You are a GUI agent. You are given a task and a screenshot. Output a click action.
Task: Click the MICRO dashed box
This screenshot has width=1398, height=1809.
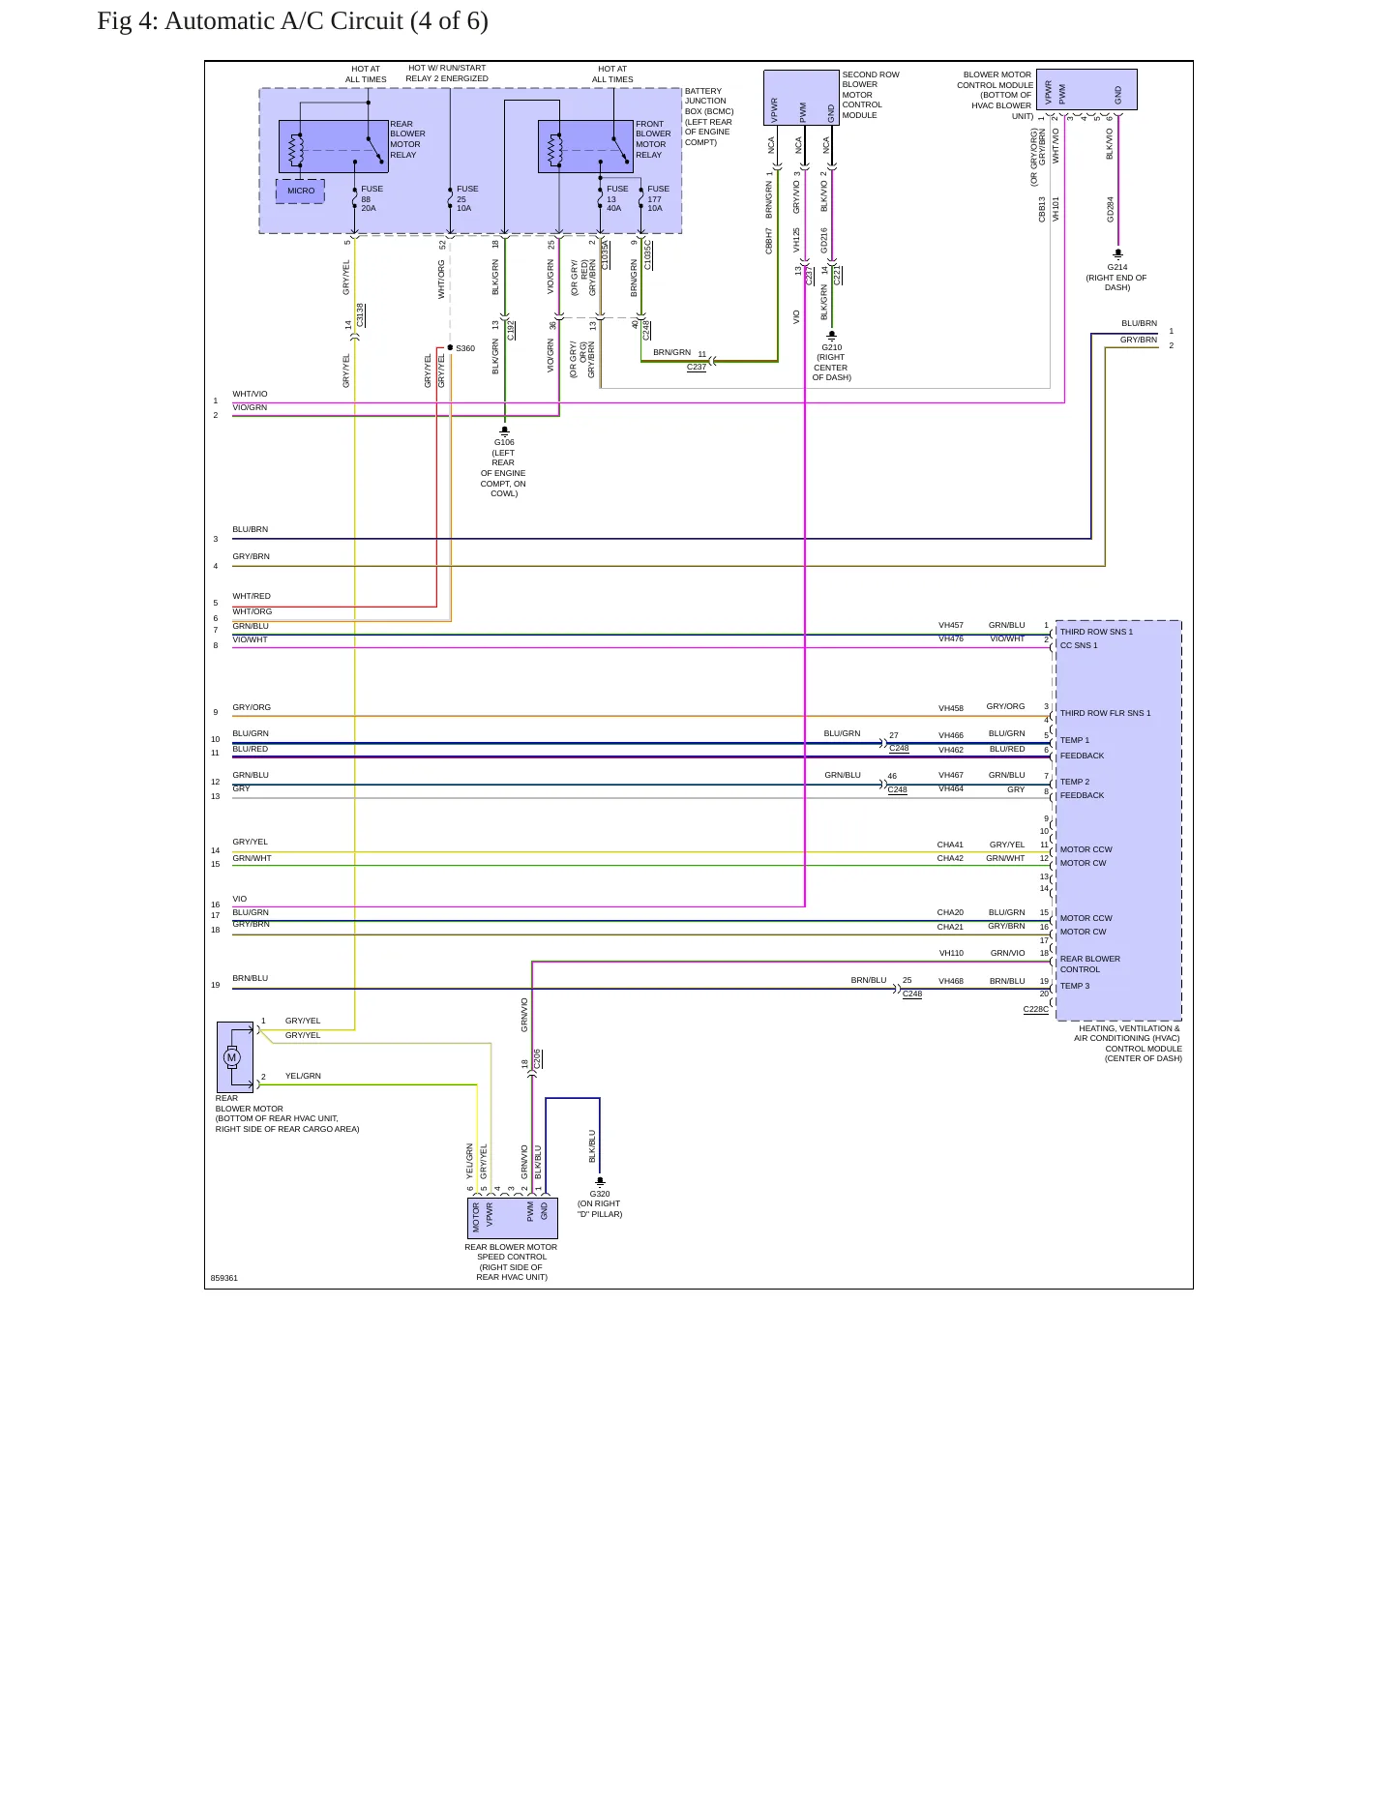[x=300, y=191]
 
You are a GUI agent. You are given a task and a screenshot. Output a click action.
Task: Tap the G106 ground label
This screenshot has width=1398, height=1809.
[x=504, y=442]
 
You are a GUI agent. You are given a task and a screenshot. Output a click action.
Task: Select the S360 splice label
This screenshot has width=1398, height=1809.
[x=465, y=348]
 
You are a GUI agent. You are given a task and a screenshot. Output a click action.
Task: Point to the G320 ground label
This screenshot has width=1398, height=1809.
[x=600, y=1194]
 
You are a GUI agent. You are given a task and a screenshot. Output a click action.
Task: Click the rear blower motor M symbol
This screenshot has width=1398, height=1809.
[x=231, y=1057]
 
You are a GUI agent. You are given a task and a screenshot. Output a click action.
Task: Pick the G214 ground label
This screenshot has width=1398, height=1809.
[x=1117, y=267]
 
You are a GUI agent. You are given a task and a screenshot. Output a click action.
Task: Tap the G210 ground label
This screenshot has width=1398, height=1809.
[x=832, y=347]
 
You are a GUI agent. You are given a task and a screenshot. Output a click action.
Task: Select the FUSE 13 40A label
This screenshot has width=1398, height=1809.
[x=617, y=198]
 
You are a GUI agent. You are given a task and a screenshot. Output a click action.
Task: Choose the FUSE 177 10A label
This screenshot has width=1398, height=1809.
[x=659, y=198]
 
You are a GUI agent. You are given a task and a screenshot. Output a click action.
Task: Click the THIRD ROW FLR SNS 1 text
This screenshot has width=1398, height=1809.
[x=1105, y=713]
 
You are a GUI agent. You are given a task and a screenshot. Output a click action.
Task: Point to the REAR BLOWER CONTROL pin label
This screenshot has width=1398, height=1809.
[x=1090, y=964]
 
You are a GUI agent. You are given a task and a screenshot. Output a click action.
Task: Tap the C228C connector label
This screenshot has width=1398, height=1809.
[x=1035, y=1009]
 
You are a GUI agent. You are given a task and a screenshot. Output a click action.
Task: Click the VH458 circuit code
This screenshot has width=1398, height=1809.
[x=951, y=708]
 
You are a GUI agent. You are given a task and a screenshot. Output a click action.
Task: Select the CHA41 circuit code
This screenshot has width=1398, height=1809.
[x=950, y=845]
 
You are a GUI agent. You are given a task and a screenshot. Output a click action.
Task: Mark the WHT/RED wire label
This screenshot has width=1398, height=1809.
[x=252, y=596]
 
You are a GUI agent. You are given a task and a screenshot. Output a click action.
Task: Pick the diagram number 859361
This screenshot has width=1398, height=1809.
[x=224, y=1278]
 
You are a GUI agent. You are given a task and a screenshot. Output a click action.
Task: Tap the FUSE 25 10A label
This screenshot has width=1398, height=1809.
[x=466, y=198]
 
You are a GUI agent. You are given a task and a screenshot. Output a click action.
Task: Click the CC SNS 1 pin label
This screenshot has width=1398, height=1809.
[x=1079, y=645]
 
